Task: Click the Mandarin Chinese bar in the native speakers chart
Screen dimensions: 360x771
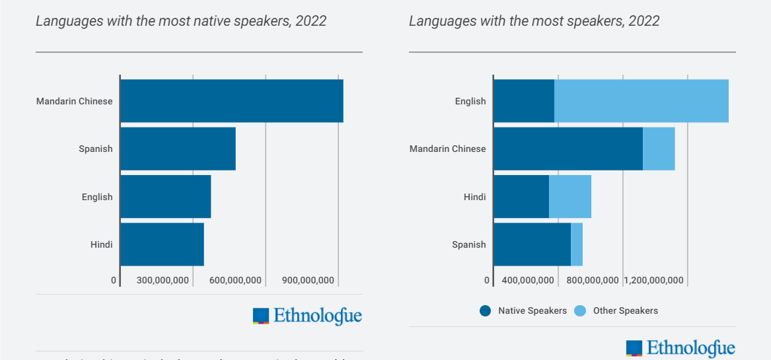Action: click(x=231, y=101)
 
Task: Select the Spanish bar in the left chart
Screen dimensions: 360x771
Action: click(x=178, y=149)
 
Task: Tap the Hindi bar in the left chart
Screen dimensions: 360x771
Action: click(x=162, y=244)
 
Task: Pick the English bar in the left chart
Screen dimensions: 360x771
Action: click(x=165, y=197)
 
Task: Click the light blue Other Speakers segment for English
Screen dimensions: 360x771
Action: click(x=641, y=101)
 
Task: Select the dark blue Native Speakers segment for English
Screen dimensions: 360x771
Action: click(x=524, y=101)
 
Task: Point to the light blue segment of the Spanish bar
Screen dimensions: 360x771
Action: click(x=577, y=244)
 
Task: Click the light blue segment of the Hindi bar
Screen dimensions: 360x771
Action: click(x=569, y=197)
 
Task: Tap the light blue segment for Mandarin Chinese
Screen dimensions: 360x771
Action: click(x=659, y=149)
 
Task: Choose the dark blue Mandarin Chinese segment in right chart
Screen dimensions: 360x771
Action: click(x=568, y=149)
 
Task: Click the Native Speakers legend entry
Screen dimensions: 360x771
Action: click(x=523, y=310)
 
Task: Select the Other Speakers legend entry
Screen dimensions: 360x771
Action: click(x=616, y=310)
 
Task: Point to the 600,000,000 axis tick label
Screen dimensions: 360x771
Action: click(x=235, y=280)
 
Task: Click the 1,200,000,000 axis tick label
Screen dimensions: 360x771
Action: click(x=653, y=280)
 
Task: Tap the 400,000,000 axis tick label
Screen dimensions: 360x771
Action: click(x=528, y=280)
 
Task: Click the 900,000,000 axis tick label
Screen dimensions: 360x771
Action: click(x=308, y=280)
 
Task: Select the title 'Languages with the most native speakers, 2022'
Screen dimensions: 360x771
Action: click(x=181, y=21)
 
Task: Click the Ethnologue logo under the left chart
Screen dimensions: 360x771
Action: click(x=307, y=316)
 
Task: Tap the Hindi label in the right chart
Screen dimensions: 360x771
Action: click(x=474, y=197)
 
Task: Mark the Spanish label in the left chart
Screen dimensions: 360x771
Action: click(x=96, y=149)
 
